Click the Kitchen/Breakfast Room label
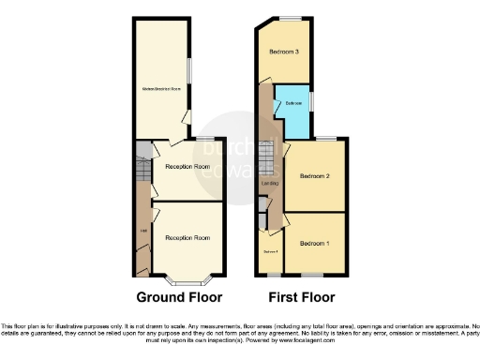click(161, 89)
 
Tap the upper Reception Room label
click(186, 166)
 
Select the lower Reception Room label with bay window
click(187, 238)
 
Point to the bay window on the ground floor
click(185, 278)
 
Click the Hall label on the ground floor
click(143, 231)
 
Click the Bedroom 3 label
click(284, 52)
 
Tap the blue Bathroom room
click(293, 111)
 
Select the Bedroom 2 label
click(314, 176)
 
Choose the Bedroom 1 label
click(314, 243)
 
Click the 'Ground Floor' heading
click(179, 298)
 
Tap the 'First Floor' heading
click(301, 298)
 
